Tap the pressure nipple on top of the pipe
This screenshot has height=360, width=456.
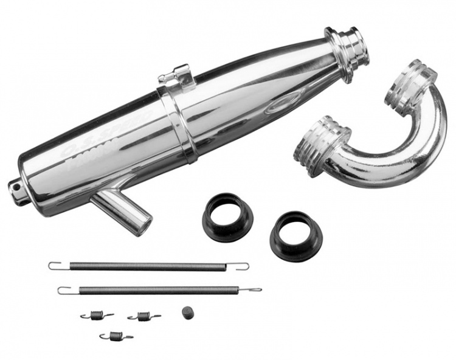(174, 76)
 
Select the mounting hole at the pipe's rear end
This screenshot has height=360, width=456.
(15, 187)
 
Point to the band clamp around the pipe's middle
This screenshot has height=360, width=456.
(177, 125)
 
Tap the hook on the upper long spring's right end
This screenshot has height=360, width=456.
(241, 266)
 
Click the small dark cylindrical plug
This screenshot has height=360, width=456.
(187, 311)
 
